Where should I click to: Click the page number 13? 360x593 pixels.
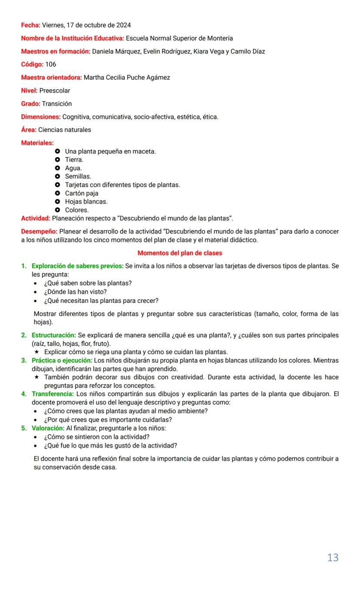[x=333, y=557]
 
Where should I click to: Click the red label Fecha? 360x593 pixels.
[x=30, y=25]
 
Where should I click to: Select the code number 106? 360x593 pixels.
[x=50, y=64]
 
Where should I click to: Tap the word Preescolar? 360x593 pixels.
[x=54, y=90]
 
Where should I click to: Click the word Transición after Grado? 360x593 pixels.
[x=57, y=104]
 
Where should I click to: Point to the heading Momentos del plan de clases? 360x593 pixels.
[x=180, y=253]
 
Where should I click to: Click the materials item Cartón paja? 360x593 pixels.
[x=82, y=193]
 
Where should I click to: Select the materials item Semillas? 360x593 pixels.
[x=78, y=176]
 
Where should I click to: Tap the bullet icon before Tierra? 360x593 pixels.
[x=57, y=160]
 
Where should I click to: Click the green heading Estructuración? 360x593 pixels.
[x=53, y=335]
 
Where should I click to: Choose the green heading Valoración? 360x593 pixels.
[x=48, y=428]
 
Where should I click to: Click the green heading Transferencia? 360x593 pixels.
[x=53, y=394]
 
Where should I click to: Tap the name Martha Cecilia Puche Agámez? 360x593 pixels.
[x=127, y=77]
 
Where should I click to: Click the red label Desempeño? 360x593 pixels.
[x=39, y=231]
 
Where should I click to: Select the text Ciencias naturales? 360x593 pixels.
[x=64, y=130]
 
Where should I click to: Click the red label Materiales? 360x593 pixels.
[x=37, y=143]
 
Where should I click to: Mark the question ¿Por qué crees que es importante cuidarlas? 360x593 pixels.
[x=108, y=419]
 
